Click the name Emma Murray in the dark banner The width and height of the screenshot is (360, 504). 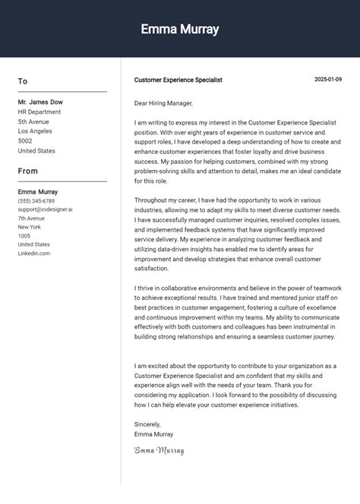180,30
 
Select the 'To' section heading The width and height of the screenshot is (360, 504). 23,81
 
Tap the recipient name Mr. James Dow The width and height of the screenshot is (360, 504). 40,102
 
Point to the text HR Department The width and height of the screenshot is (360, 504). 39,112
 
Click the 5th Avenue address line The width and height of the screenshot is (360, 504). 33,121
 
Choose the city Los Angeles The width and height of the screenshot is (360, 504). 36,131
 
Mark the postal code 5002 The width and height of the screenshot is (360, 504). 25,141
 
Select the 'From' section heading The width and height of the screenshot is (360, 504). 28,171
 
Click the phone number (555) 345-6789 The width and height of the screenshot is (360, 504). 36,200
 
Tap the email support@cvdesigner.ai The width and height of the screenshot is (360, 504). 46,209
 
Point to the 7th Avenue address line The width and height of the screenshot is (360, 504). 31,218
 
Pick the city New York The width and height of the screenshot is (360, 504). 30,227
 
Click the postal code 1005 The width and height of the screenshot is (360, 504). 24,236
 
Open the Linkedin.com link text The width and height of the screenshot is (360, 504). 34,253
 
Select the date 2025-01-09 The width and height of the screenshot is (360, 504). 328,80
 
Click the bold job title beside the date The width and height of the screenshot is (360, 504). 178,80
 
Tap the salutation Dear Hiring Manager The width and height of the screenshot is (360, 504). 163,103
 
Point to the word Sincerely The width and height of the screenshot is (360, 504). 147,425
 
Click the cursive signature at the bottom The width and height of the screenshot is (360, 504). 159,450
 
